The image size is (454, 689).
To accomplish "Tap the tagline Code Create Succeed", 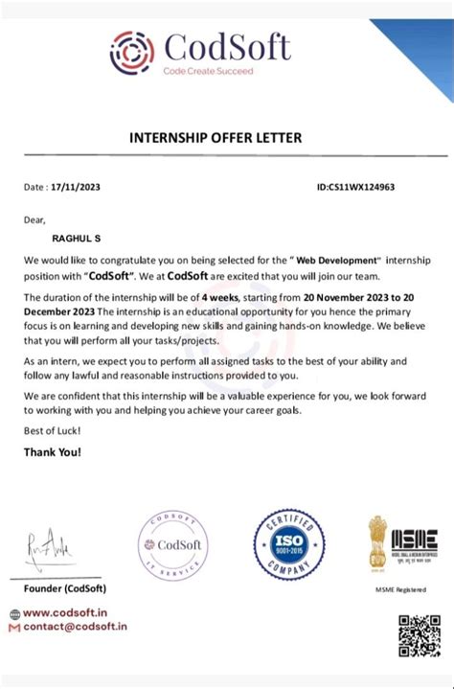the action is click(208, 71).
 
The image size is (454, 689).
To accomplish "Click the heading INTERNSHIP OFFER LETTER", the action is click(216, 138).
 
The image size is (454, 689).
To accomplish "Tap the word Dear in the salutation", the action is click(34, 219).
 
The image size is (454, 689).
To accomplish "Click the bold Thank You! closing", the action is click(53, 450).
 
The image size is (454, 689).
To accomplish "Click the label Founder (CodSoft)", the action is click(65, 587).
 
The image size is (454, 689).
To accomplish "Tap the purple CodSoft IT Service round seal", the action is click(173, 544).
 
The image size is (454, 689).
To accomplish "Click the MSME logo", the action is click(403, 543).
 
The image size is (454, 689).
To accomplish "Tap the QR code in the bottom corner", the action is click(418, 635).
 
